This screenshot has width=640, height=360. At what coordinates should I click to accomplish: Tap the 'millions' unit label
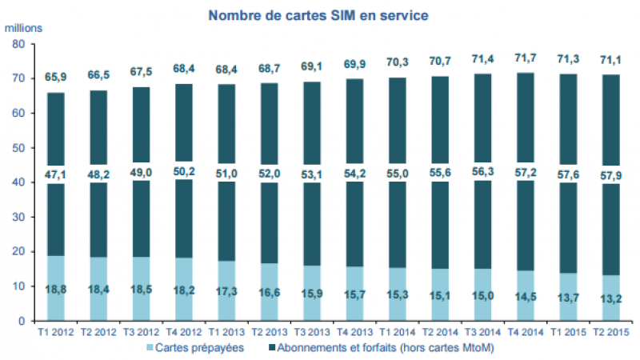26,27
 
